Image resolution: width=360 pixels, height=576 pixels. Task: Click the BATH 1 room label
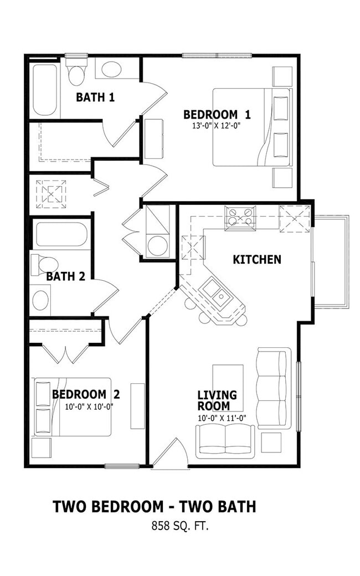tap(95, 97)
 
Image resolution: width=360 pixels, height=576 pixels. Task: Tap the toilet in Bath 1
tap(77, 70)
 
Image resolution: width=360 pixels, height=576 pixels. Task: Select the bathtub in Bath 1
tap(45, 90)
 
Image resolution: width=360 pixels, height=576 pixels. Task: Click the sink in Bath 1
tap(111, 69)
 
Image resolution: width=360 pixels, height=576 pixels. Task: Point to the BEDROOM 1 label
tap(217, 115)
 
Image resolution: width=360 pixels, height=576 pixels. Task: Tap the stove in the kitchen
tap(240, 218)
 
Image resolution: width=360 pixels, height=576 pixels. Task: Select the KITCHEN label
tap(257, 260)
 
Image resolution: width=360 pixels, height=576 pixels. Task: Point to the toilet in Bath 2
tap(45, 265)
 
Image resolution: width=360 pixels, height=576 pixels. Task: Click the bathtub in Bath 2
tap(60, 234)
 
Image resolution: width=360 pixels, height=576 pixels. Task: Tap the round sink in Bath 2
tap(40, 300)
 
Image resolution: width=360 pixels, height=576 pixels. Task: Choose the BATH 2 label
tap(65, 276)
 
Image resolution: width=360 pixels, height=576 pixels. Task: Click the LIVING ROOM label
tap(217, 401)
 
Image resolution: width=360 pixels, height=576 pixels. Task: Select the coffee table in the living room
tap(228, 388)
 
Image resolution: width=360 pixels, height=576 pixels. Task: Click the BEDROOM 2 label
tap(86, 394)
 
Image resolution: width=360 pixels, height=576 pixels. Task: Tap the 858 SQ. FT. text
tap(180, 526)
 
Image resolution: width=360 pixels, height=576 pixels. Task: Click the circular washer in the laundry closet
tap(158, 245)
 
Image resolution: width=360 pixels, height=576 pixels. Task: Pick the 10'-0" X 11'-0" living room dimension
tap(222, 418)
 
